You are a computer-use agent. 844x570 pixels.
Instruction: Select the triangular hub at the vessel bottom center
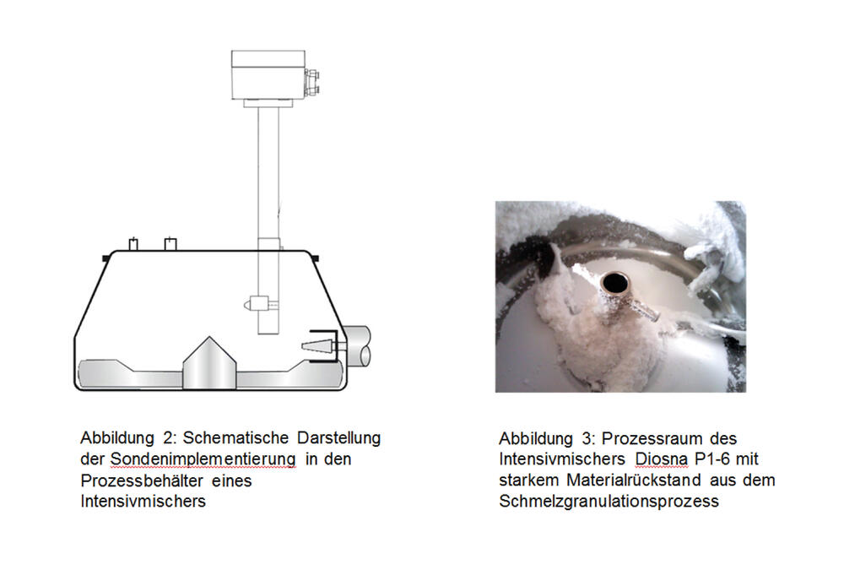coord(208,363)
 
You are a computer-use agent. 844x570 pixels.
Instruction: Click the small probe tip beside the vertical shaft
coord(251,302)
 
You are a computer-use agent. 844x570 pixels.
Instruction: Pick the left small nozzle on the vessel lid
coord(132,244)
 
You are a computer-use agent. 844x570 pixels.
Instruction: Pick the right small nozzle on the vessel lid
coord(170,244)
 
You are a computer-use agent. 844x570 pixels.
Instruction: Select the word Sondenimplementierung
coord(203,459)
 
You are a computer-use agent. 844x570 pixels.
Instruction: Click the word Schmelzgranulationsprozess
coord(609,502)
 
